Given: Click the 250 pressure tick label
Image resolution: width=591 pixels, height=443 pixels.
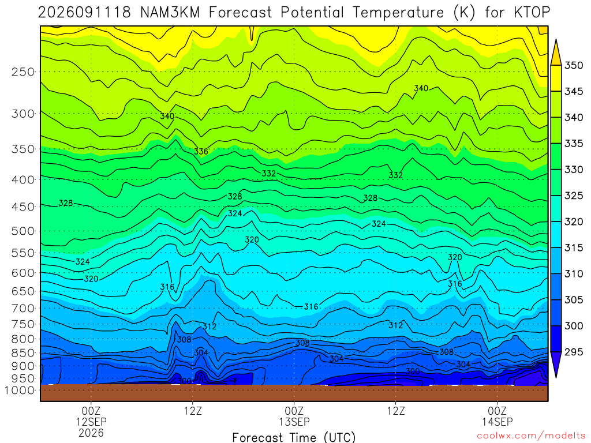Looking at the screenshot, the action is pos(23,72).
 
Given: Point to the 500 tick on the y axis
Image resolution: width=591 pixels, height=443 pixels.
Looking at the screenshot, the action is pos(23,231).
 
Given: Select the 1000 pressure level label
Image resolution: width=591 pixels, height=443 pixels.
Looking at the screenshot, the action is pos(20,391).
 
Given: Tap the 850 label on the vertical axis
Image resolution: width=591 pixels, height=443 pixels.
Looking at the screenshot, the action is pos(23,353).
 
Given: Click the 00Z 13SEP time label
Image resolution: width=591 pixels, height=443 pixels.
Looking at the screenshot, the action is pos(294,416).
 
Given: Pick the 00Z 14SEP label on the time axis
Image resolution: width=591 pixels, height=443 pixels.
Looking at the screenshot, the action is pos(497,416).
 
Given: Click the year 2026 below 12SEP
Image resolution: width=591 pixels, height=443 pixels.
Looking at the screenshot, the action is pos(91,433).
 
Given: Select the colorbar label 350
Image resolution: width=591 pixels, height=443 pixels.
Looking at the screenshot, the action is pos(573,65).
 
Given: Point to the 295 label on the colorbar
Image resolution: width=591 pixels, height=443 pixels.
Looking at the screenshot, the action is pos(573,352).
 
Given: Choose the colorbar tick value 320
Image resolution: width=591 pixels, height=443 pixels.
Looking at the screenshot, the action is pos(573,221).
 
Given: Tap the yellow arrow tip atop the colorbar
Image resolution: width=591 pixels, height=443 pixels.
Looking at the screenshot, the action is pos(556,39).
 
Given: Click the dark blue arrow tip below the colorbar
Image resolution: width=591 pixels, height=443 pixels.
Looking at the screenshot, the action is pos(556,377).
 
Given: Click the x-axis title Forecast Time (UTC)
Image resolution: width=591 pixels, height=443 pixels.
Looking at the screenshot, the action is pos(294,437).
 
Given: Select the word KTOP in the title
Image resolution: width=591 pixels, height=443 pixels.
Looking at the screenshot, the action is pos(532,13).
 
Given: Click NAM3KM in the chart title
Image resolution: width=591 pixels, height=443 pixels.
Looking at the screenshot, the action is pos(169,13).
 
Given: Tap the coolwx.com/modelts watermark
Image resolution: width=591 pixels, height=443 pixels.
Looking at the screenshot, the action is pos(531,436).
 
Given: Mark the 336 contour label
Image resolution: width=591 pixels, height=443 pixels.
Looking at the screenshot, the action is pos(201,152).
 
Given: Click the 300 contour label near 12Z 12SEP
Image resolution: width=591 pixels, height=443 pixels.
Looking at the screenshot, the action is pos(184,381).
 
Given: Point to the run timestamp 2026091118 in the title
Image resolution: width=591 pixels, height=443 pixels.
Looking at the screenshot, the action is pos(84,13).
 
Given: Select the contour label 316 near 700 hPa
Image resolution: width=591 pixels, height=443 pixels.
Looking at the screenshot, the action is pos(311,307).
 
